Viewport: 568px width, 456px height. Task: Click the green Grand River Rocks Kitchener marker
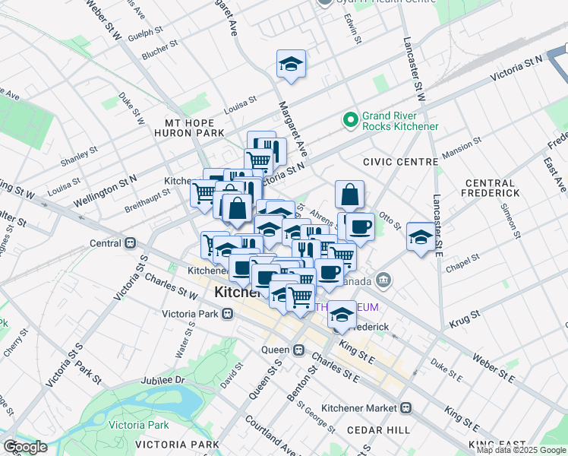(350, 119)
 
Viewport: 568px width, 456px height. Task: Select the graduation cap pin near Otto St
(421, 236)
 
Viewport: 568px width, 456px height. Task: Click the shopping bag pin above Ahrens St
(349, 195)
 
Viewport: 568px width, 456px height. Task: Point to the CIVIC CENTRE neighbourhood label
(400, 162)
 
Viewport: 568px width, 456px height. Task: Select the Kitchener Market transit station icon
(405, 408)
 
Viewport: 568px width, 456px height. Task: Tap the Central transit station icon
(130, 243)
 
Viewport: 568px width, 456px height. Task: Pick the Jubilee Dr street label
(158, 379)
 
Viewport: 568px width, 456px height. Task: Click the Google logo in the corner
(25, 447)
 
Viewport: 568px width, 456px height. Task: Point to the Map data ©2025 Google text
(521, 450)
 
